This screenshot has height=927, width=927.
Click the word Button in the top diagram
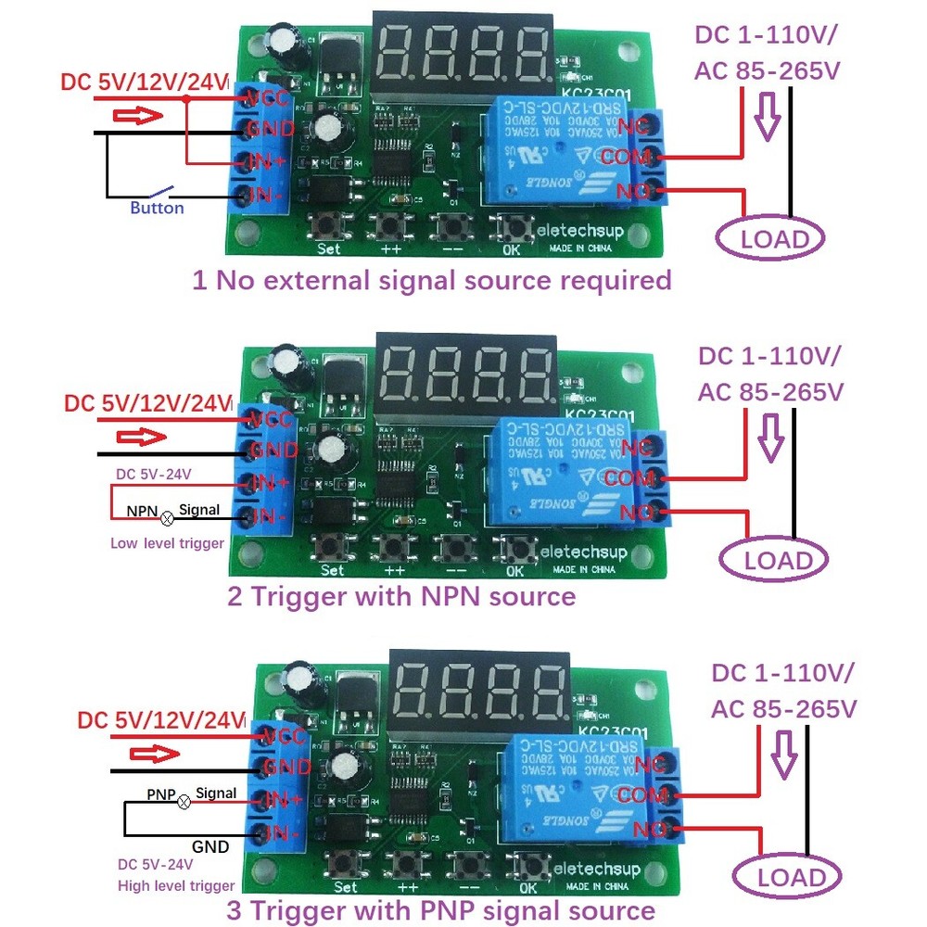(x=157, y=209)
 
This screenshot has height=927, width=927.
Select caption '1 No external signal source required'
(x=431, y=280)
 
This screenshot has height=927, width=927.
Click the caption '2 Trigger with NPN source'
(x=401, y=596)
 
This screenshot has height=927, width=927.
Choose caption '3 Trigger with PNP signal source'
(x=440, y=910)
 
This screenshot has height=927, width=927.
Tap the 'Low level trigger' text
(x=167, y=543)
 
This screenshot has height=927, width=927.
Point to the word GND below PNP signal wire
(x=210, y=845)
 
